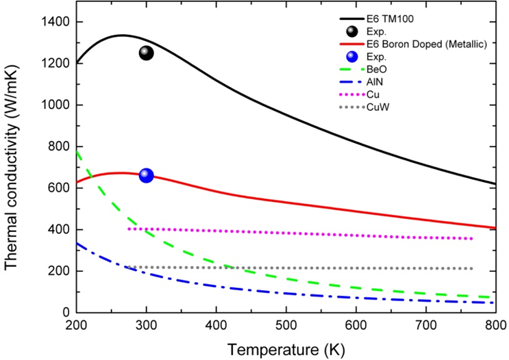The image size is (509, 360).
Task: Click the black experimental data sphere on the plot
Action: pos(146,53)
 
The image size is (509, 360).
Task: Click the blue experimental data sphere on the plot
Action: pos(146,176)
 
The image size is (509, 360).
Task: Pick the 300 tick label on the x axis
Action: pos(146,326)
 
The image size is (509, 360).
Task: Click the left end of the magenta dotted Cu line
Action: pos(129,229)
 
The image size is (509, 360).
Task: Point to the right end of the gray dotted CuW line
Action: pos(472,268)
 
